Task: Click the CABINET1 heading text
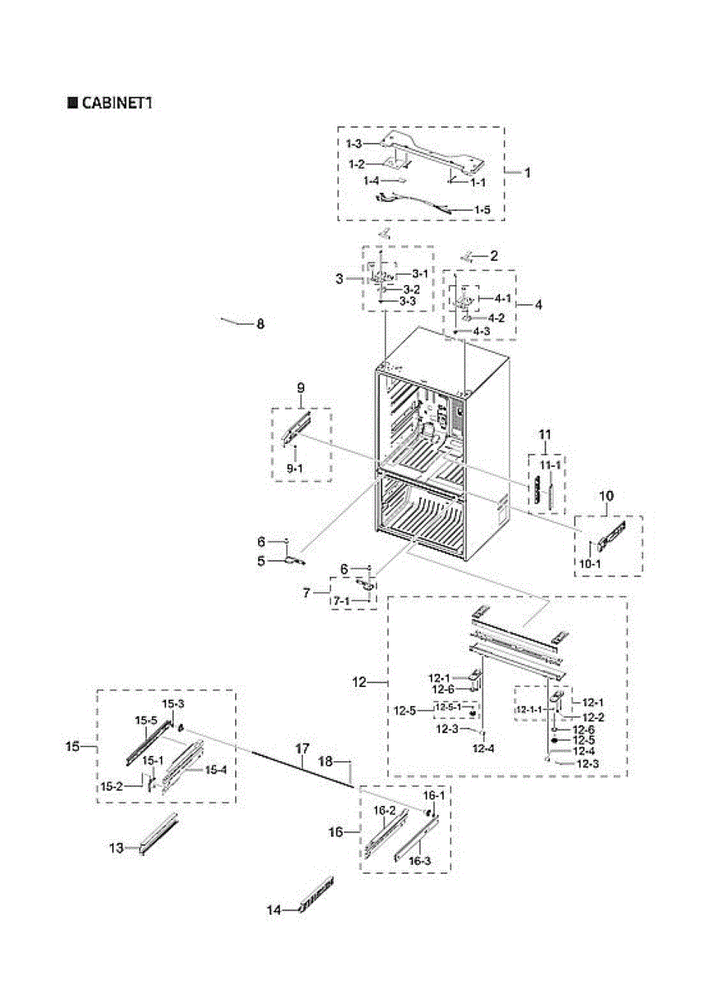click(x=115, y=103)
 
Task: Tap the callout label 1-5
click(x=482, y=210)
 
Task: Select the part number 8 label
click(x=260, y=325)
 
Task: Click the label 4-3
click(x=481, y=332)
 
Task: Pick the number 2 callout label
click(x=493, y=256)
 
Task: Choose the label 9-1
click(x=295, y=469)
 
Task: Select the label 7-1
click(x=340, y=600)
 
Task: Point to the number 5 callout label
click(x=261, y=561)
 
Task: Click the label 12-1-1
click(x=527, y=710)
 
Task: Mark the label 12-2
click(x=592, y=717)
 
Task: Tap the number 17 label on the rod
click(x=301, y=749)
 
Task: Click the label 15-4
click(x=216, y=770)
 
